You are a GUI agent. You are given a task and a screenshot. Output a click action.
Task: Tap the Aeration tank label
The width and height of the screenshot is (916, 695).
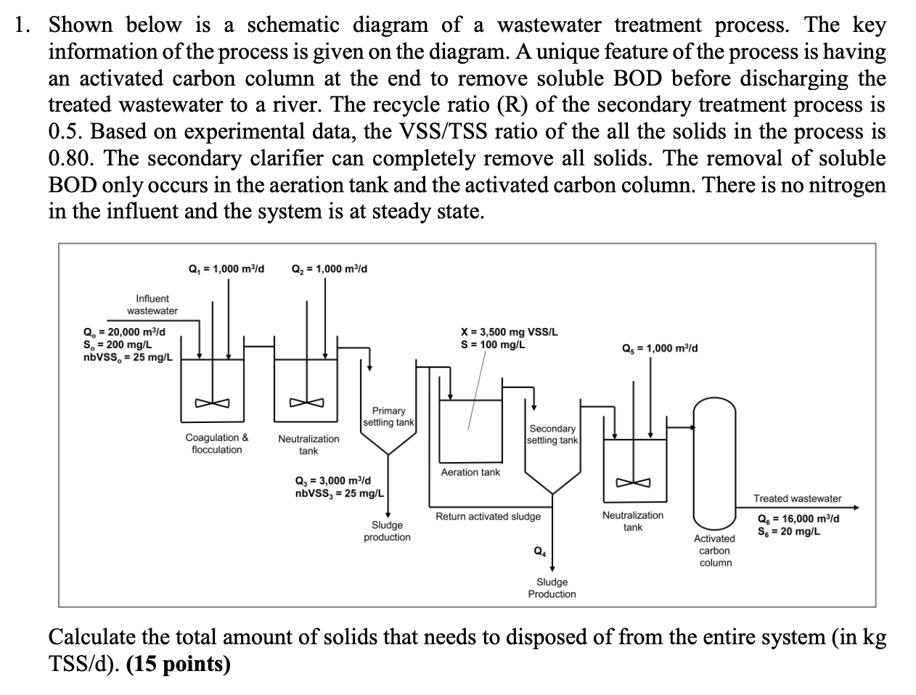tap(470, 472)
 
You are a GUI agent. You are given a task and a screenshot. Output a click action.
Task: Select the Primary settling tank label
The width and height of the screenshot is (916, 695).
tap(388, 416)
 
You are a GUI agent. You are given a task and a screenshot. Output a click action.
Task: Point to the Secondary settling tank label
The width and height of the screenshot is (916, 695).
tap(552, 435)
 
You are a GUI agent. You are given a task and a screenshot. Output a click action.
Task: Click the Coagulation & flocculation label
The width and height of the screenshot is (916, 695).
tap(217, 443)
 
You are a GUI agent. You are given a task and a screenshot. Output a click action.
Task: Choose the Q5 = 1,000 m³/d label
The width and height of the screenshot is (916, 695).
tap(661, 348)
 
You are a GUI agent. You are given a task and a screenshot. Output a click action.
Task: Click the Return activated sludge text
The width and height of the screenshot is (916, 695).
tap(488, 517)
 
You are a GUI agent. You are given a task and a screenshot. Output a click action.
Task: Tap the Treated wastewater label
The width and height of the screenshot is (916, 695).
tap(797, 498)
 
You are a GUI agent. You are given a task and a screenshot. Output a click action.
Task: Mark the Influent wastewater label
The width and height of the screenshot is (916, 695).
tap(152, 305)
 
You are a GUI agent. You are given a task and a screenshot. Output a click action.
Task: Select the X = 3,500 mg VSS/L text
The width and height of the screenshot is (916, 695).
tap(510, 332)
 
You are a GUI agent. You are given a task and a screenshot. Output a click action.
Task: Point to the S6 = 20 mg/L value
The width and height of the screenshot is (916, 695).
tap(789, 531)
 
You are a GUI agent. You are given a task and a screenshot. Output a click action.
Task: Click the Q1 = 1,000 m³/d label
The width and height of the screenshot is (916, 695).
tap(226, 269)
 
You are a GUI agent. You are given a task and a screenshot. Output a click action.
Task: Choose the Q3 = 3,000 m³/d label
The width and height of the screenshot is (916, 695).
tap(333, 481)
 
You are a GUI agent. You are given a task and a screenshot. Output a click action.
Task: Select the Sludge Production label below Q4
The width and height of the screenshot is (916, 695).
tap(552, 588)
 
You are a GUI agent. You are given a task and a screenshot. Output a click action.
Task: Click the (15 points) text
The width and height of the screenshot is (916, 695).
tap(179, 664)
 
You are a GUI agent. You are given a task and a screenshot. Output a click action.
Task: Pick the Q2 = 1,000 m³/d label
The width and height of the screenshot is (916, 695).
tap(329, 269)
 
